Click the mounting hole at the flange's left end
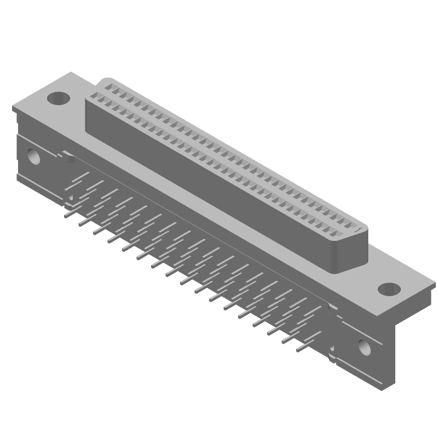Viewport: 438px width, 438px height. pos(57,99)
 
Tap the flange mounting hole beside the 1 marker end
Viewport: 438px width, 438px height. pos(389,289)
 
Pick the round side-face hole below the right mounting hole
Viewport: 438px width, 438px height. pos(364,346)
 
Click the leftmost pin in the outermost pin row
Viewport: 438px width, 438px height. pos(67,216)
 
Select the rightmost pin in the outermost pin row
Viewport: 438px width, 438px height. pos(300,348)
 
